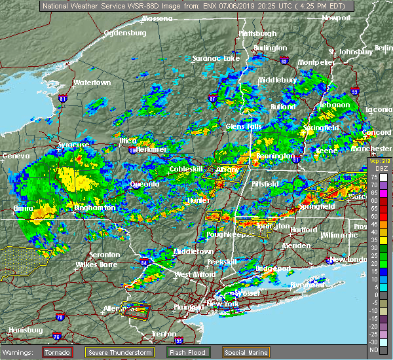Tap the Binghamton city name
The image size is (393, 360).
pos(94,207)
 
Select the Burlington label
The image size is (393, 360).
pos(271,48)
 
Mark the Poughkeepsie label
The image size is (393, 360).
pos(225,234)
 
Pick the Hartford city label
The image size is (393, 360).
pos(303,230)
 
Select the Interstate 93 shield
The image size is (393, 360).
pos(354,92)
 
